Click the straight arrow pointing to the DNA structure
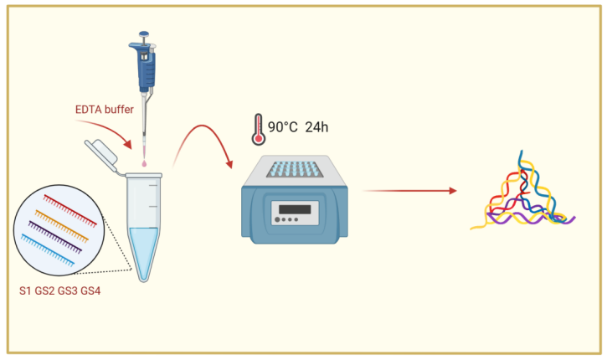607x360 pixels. click(409, 191)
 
